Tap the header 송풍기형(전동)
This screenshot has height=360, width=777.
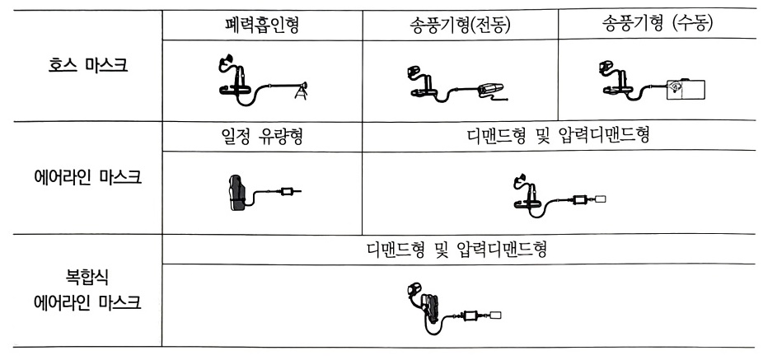pyautogui.click(x=458, y=26)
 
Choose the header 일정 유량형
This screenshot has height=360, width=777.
pyautogui.click(x=261, y=136)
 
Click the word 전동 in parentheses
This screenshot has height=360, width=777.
pyautogui.click(x=489, y=26)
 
